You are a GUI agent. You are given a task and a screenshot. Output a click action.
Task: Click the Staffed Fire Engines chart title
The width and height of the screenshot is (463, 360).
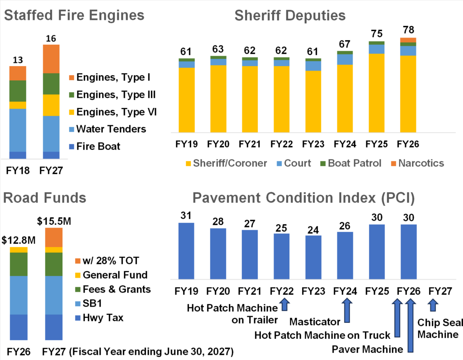pyautogui.click(x=74, y=15)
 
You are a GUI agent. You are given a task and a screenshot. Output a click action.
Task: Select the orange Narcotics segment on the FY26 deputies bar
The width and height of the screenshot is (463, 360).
pyautogui.click(x=408, y=40)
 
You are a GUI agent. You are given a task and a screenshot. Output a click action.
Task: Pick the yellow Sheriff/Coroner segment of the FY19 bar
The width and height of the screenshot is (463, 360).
pyautogui.click(x=186, y=99)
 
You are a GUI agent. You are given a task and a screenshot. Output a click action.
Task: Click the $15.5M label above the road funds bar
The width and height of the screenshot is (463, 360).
pyautogui.click(x=53, y=221)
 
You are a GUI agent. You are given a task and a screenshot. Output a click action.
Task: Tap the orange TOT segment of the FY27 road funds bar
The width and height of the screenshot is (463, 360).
pyautogui.click(x=54, y=237)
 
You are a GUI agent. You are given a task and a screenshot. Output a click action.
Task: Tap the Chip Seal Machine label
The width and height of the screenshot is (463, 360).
pyautogui.click(x=438, y=328)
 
